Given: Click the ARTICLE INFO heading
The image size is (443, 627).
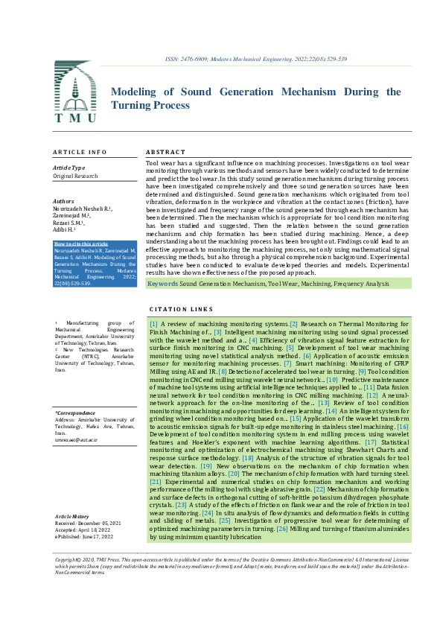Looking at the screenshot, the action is [80, 152].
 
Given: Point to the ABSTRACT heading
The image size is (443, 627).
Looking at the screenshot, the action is [165, 152].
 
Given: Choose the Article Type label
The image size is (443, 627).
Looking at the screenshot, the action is [68, 168].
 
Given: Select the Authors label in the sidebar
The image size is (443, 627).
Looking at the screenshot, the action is [64, 201].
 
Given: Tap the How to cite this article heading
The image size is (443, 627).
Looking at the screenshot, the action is [81, 243].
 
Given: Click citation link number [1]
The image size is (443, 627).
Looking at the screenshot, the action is [153, 324].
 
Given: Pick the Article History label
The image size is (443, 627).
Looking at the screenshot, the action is [71, 515].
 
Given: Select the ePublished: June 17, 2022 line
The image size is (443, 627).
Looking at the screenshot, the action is [83, 535].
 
